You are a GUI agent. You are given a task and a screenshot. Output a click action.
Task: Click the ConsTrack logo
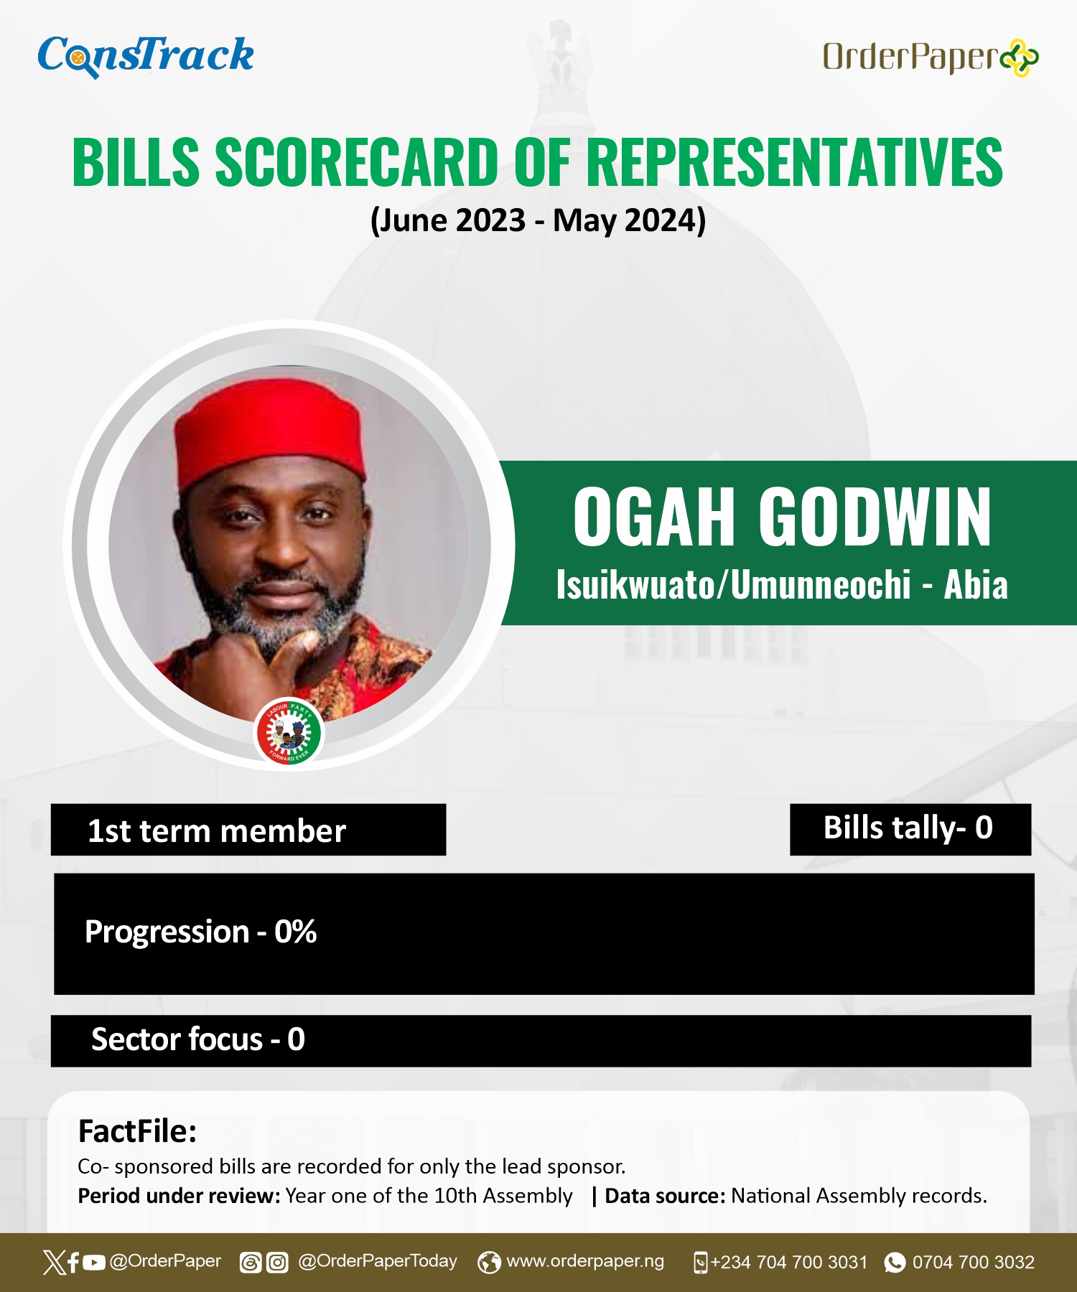point(146,56)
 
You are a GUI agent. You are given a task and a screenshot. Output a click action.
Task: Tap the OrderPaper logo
point(931,57)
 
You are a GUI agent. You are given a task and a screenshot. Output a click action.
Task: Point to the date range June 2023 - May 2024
point(538,220)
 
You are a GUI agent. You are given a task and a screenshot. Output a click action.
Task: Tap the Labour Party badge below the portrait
point(289,731)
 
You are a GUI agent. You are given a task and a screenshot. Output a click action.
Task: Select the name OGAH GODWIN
point(782,516)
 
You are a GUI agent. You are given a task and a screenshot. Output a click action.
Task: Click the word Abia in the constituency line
point(976,585)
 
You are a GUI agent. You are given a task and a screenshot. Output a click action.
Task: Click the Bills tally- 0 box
point(910,829)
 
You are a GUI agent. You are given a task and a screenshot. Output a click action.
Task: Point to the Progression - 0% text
point(200,932)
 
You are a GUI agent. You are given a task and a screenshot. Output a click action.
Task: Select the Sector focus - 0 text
point(198,1039)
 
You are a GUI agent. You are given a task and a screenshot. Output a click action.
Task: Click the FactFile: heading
point(137,1131)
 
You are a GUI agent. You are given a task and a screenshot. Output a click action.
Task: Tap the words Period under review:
point(179,1196)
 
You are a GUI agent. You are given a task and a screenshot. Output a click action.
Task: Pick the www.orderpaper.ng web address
point(585,1261)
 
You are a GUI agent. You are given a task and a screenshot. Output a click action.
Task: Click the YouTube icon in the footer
point(94,1262)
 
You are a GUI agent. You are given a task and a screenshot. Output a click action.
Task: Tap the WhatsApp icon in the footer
point(895,1262)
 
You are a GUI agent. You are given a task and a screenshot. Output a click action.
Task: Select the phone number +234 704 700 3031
point(789,1262)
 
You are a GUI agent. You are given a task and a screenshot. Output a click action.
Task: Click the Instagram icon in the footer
point(277,1262)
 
